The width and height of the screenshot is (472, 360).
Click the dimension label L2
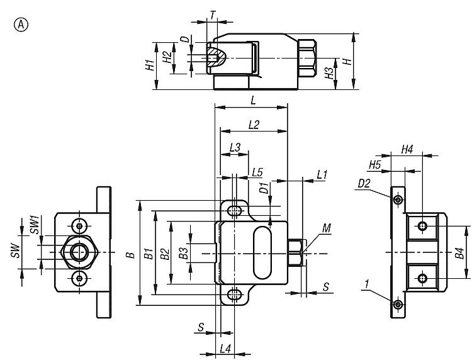[x=254, y=125]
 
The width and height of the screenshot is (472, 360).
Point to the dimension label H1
[x=148, y=65]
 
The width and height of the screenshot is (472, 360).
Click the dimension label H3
[x=329, y=74]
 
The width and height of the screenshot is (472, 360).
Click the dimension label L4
[x=225, y=348]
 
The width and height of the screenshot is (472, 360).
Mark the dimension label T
[x=212, y=14]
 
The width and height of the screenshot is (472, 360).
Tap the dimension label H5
[x=375, y=164]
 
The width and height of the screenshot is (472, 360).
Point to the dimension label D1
[x=265, y=188]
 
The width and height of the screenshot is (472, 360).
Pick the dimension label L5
[x=256, y=172]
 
